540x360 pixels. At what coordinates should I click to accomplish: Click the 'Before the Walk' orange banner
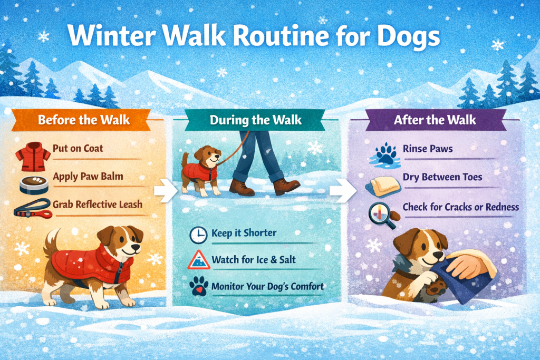pos(84,120)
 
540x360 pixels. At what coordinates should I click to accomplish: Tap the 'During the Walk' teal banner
pos(256,119)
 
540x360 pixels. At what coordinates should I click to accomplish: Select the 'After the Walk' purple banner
pos(435,119)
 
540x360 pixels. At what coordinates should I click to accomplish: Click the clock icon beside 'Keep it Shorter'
pos(198,235)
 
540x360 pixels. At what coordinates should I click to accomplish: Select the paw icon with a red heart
pos(198,287)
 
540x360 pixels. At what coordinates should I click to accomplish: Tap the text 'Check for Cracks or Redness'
pos(460,207)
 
